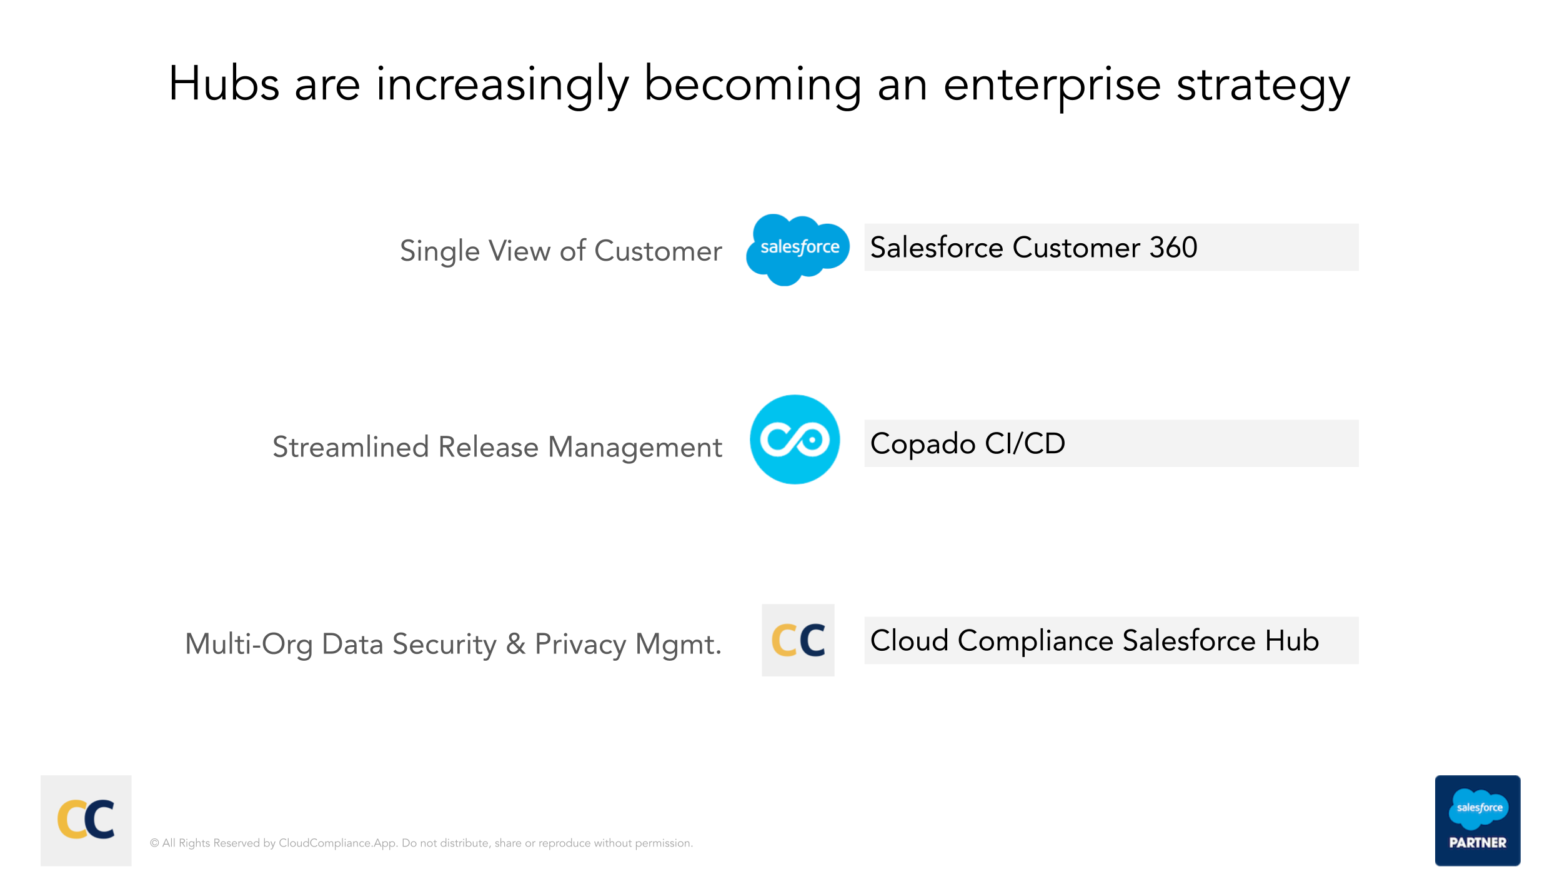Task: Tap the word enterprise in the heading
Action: [x=1052, y=88]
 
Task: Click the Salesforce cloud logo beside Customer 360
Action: [x=798, y=249]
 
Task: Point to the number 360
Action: [x=1173, y=248]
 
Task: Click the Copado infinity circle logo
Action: [x=795, y=439]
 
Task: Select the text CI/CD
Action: [x=1025, y=443]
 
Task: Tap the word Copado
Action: [x=923, y=445]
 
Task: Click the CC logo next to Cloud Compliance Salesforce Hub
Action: [x=798, y=640]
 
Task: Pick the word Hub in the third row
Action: [x=1292, y=640]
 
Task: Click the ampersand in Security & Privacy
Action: [x=515, y=644]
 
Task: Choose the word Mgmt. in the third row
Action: [x=679, y=645]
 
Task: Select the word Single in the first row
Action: [x=440, y=252]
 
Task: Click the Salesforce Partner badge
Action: [x=1478, y=820]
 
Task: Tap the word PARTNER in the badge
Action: [x=1478, y=843]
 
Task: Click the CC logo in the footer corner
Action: [x=86, y=820]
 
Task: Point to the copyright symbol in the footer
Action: [x=154, y=843]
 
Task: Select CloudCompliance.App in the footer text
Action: [x=337, y=843]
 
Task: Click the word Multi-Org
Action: [x=249, y=645]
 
